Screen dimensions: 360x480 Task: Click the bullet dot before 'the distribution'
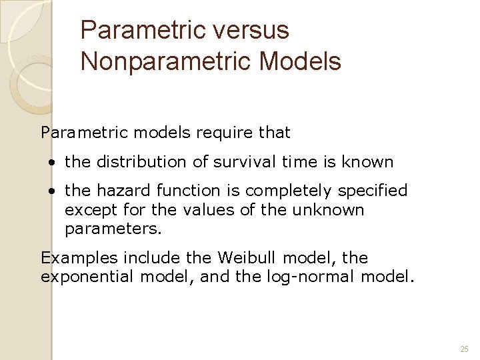pos(51,163)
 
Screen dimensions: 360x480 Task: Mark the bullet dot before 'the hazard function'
pos(51,191)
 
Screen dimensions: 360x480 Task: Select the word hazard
pos(119,191)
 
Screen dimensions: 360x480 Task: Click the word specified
pos(373,191)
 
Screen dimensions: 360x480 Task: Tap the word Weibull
pos(232,258)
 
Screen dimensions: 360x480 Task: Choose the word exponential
pos(88,277)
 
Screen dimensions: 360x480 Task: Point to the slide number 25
pos(464,349)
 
